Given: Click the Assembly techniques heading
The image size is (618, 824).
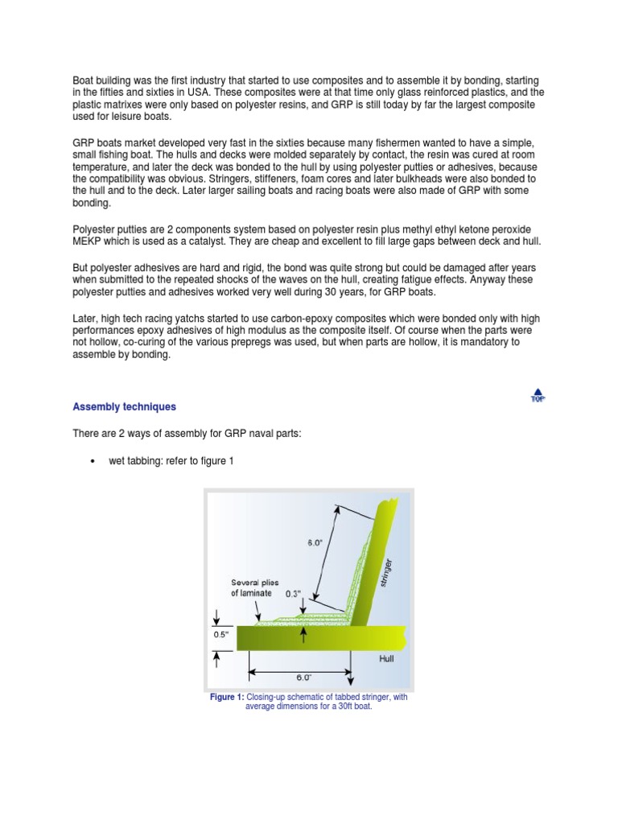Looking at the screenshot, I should click(124, 407).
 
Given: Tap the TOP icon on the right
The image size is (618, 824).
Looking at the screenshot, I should click(537, 395).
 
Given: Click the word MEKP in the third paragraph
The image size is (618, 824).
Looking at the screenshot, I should click(89, 242).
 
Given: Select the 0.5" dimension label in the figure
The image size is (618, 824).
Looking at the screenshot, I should click(220, 634).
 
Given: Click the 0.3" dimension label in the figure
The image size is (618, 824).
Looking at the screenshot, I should click(293, 593).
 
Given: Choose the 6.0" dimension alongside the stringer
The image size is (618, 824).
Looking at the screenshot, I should click(315, 543).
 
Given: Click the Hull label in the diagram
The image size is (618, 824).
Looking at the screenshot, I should click(387, 657).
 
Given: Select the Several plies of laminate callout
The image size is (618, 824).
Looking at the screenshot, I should click(251, 587).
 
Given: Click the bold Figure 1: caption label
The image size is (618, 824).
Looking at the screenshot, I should click(227, 698).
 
